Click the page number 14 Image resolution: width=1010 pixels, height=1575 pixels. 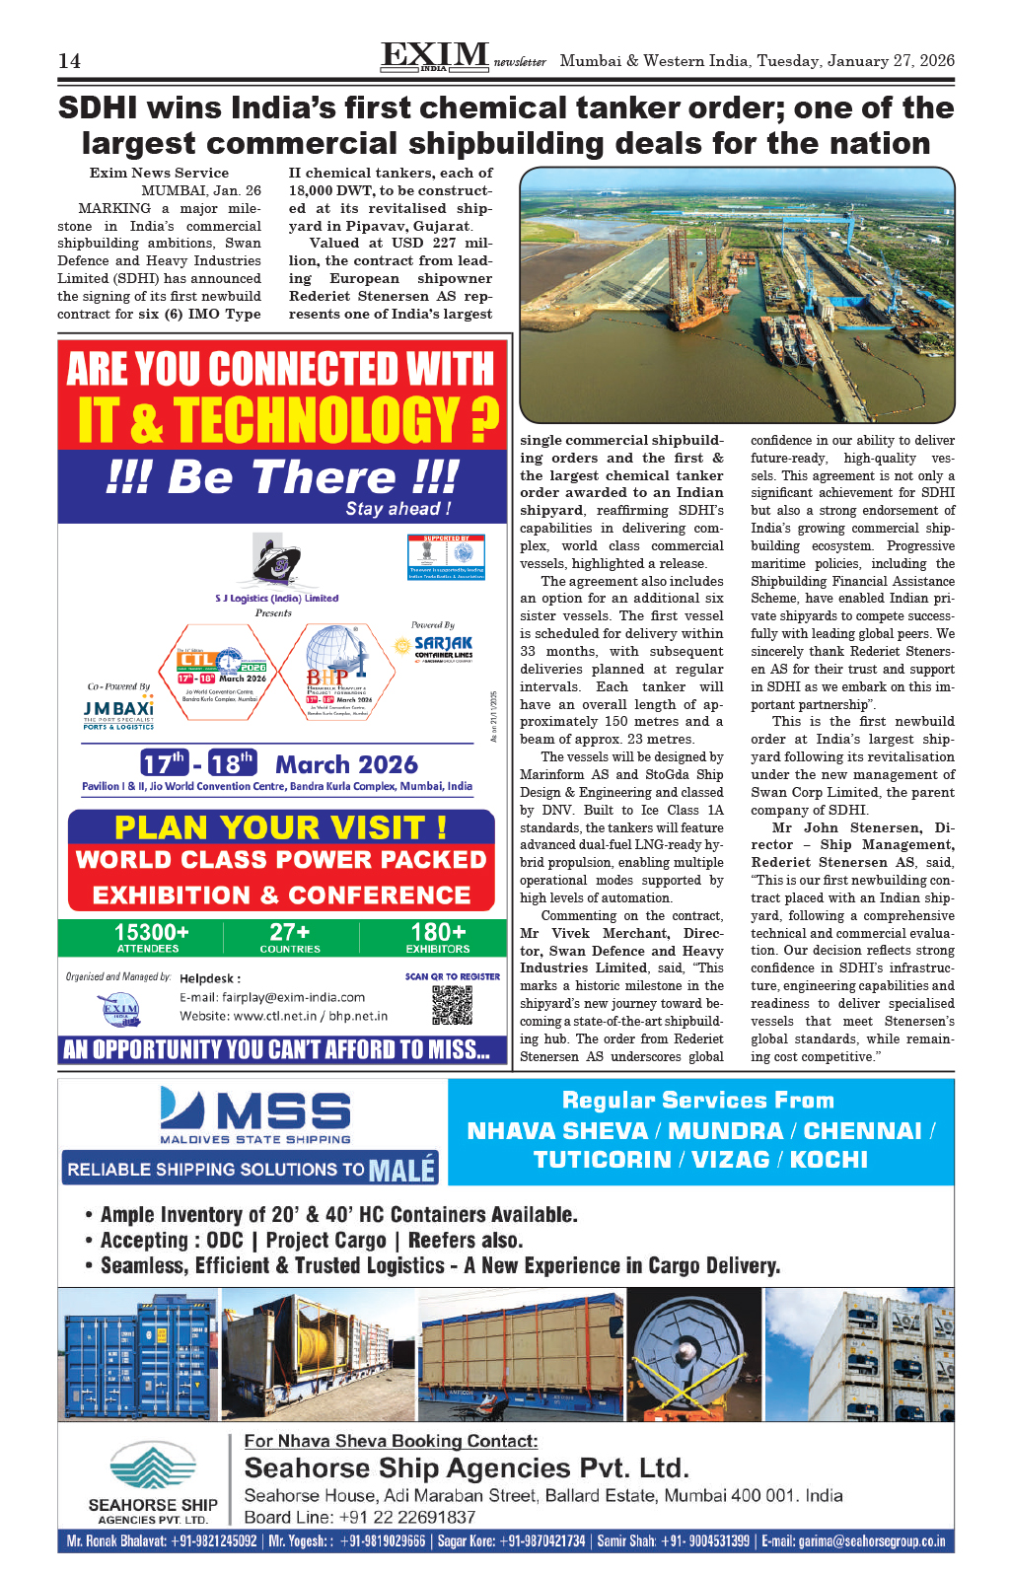tap(69, 61)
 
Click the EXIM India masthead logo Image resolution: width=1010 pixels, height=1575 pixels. tap(435, 56)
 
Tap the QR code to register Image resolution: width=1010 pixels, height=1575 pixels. tap(452, 1003)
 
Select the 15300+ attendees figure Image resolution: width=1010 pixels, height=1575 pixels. tap(151, 933)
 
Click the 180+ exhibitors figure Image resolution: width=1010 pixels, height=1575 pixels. tap(438, 933)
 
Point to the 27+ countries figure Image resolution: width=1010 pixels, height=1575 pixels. tap(290, 933)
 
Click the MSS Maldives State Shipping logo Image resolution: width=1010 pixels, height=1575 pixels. tap(255, 1115)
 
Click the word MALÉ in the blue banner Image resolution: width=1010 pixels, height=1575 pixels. tap(401, 1170)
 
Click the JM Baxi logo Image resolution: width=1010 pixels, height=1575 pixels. tap(118, 711)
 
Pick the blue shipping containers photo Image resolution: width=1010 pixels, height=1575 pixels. tap(138, 1354)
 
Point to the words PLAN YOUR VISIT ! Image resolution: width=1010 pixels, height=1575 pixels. tap(281, 826)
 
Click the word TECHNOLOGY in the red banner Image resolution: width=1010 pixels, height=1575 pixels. tap(317, 420)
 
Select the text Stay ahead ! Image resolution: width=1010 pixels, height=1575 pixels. tap(398, 509)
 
